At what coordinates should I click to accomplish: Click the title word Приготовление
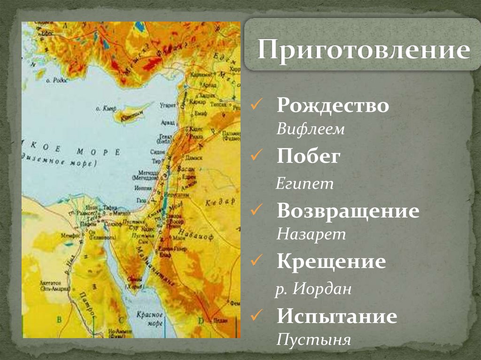pos(363,50)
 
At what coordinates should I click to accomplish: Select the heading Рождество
pos(333,105)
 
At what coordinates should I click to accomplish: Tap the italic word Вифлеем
pos(310,129)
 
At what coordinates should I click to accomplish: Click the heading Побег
pos(308,157)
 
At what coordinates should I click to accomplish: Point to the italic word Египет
pos(305,183)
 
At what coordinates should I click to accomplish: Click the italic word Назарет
pos(311,234)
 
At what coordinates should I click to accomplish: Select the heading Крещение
pos(331,261)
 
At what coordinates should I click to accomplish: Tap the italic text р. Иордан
pos(313,289)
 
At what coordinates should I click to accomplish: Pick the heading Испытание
pos(337,316)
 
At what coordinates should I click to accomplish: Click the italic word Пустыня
pos(313,339)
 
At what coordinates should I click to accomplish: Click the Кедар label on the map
pos(219,202)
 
